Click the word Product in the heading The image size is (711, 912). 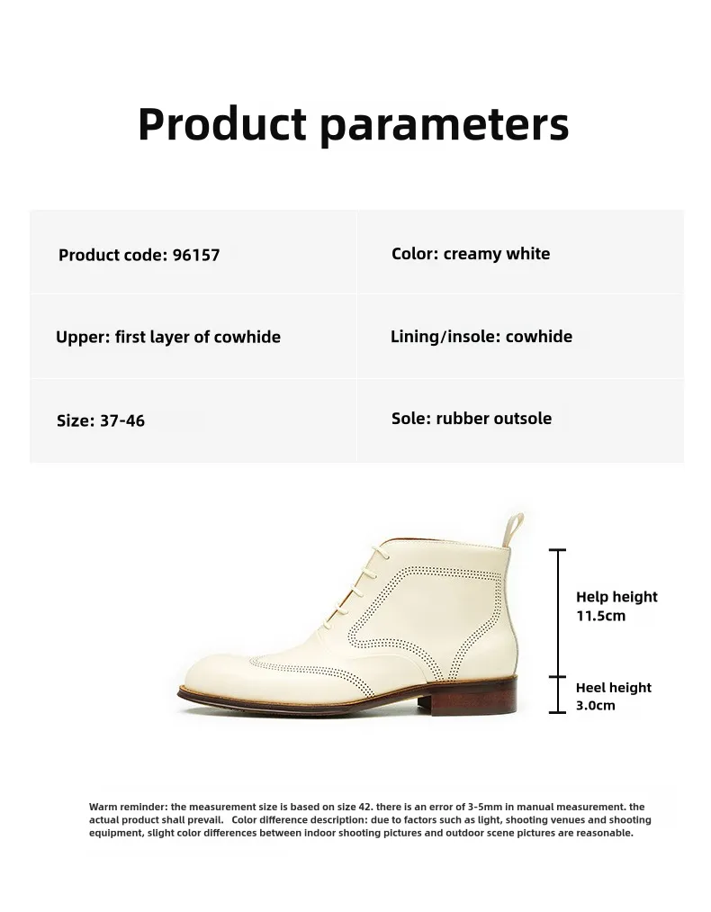coord(222,124)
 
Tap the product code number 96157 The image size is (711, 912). coord(196,255)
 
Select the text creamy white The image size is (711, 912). coord(497,254)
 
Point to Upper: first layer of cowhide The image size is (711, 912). coord(168,337)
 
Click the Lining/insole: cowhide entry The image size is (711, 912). coord(481,336)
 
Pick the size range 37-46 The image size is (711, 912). coord(122,420)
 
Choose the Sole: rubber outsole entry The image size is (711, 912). coord(472,419)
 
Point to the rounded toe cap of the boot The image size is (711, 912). coord(220,678)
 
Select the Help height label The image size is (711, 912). coord(616,597)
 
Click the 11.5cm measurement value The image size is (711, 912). coord(600,616)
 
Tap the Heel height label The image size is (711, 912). coord(613,688)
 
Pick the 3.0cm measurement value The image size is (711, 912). coord(595,706)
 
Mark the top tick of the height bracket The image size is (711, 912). coord(557,550)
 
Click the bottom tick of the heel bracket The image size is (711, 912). coord(557,712)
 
